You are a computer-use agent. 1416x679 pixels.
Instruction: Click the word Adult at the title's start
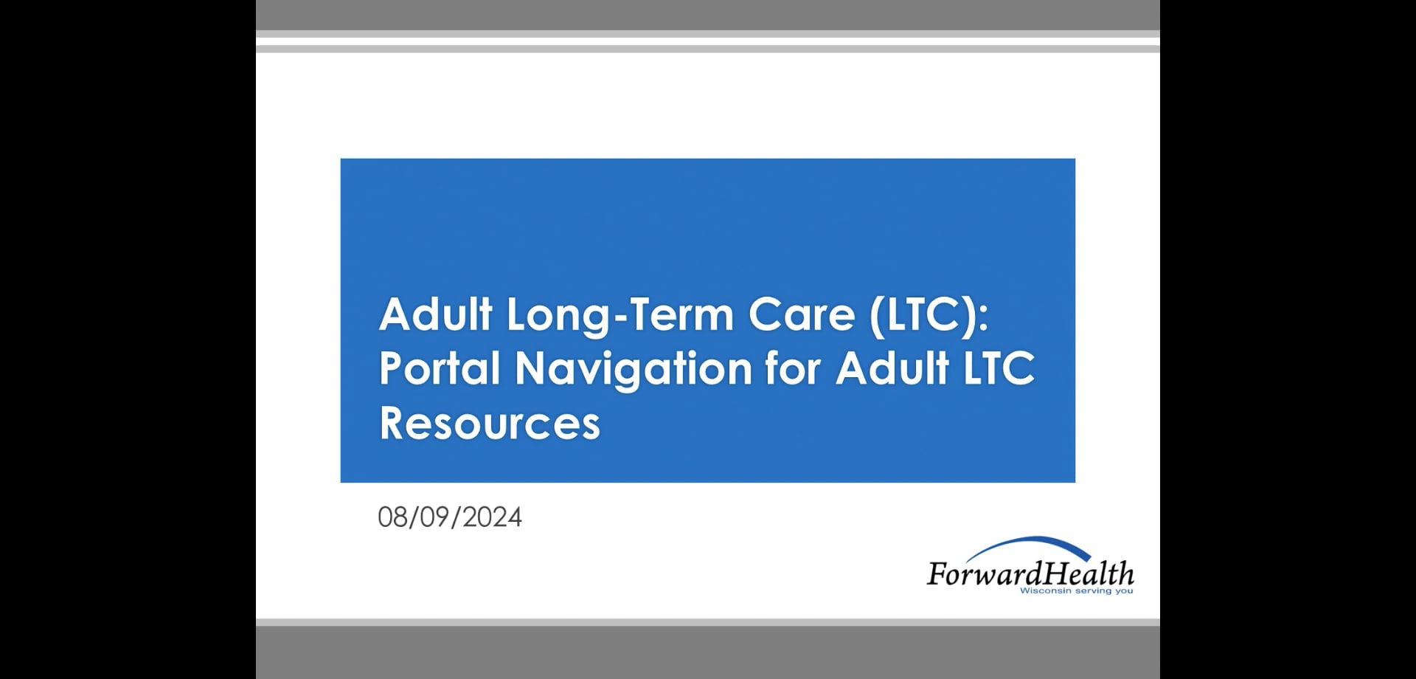(436, 314)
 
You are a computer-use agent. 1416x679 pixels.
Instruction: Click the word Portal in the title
(440, 368)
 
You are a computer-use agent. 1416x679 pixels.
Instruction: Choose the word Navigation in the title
(634, 368)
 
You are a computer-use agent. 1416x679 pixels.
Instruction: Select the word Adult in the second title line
(892, 368)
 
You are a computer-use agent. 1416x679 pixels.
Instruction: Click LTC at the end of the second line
(999, 368)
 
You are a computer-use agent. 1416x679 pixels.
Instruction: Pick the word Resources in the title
(490, 424)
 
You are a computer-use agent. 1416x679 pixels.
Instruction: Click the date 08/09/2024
(450, 517)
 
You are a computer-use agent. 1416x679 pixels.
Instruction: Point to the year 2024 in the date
(493, 517)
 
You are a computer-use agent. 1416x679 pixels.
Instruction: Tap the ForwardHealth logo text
(1030, 573)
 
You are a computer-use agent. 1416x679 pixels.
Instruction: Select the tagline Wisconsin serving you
(1076, 590)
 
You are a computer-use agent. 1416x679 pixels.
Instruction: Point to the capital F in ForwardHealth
(937, 574)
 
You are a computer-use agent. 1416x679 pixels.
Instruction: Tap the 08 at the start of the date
(392, 517)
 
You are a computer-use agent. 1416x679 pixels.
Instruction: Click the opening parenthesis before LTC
(877, 314)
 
